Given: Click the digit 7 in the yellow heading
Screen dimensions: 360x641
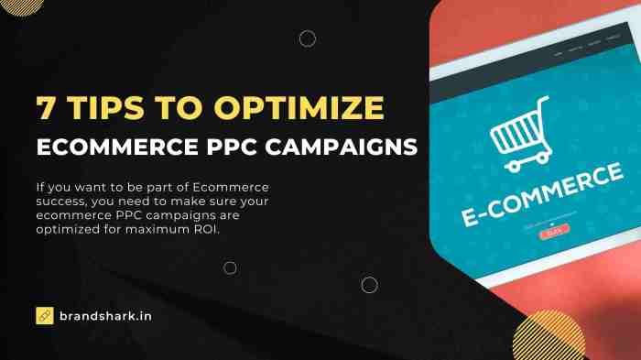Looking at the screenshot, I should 46,108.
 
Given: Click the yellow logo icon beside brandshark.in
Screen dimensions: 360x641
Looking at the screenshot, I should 44,315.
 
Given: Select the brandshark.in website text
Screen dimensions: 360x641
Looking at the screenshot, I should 106,315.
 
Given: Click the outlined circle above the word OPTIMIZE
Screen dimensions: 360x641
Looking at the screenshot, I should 308,38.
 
